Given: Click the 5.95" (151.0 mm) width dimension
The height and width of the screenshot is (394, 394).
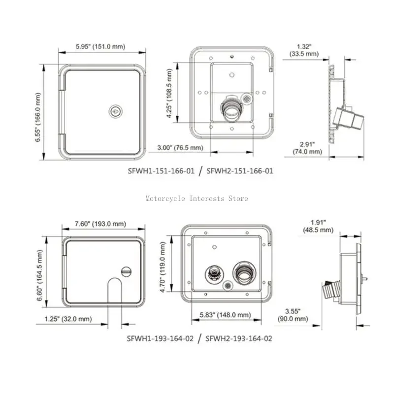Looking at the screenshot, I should pos(100,47).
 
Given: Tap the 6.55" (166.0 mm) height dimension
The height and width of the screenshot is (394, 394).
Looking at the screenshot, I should pos(38,113).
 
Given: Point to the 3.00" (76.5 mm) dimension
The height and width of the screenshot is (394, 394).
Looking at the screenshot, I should pos(180,147).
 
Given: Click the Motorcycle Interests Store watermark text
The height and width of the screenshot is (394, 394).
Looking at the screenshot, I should pos(197,198).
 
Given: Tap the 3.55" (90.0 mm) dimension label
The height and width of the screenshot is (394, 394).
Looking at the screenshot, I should pos(294,314).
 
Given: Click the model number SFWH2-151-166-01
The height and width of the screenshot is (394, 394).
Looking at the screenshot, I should pos(239,171).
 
